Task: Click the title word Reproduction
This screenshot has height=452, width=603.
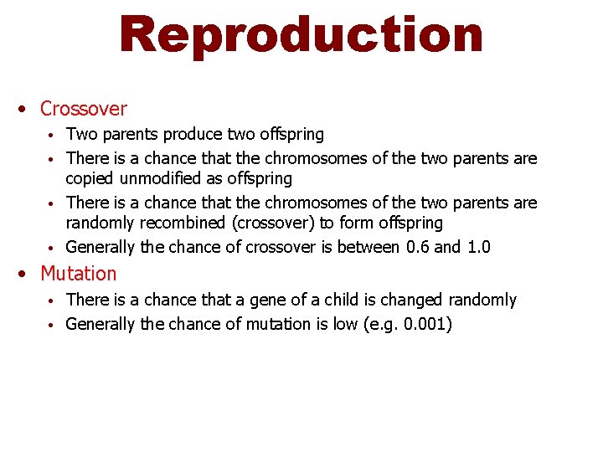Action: (x=301, y=34)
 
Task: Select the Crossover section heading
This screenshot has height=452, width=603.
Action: (x=83, y=109)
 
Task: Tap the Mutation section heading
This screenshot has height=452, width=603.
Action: (x=79, y=274)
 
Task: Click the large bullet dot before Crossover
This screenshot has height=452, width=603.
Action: (x=28, y=109)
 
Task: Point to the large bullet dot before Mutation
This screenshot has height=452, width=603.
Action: (x=28, y=274)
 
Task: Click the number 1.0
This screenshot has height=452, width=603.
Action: (x=477, y=247)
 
